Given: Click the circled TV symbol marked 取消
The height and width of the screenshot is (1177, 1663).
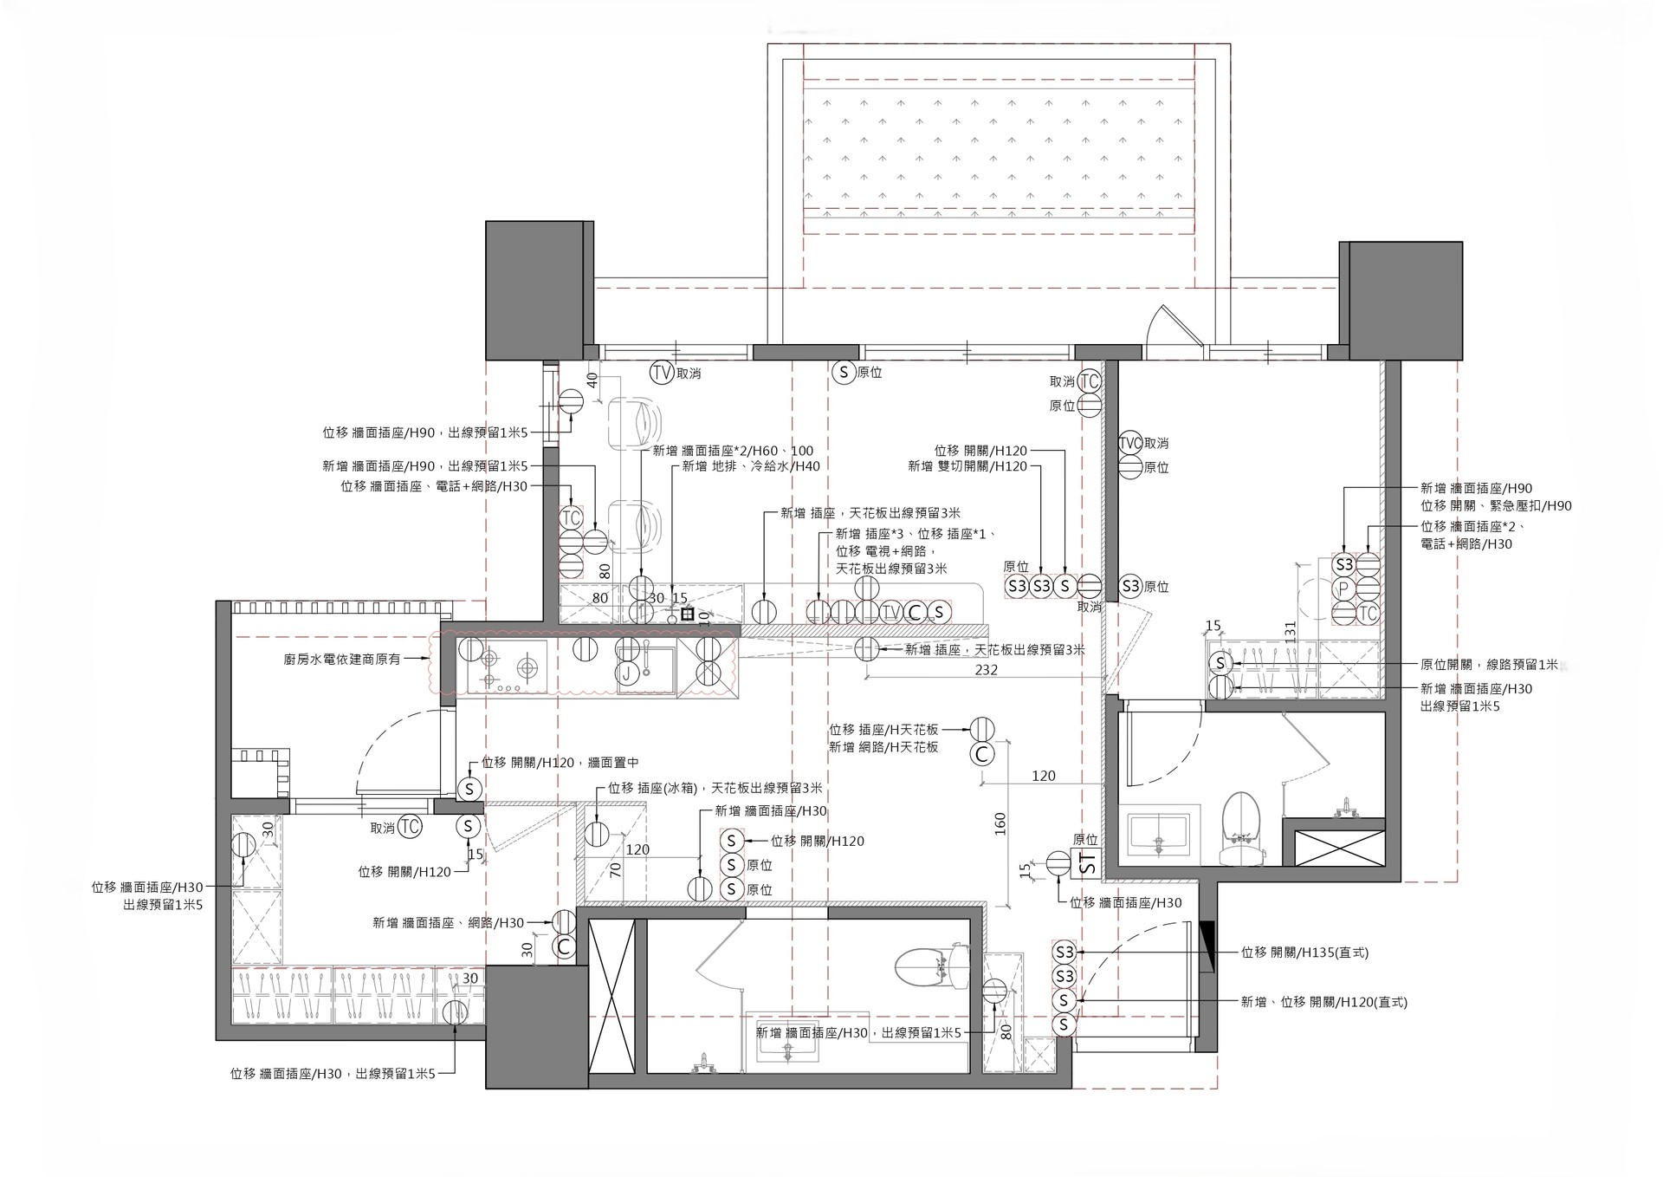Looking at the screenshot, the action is pos(662,374).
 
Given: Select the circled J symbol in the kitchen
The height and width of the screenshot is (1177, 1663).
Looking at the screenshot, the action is pos(627,674).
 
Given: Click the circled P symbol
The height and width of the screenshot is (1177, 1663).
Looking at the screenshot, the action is pos(1343,589).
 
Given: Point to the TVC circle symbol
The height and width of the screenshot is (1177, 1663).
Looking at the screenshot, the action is pos(1130,443).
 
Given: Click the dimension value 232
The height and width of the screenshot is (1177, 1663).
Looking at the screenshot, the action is pos(986,670).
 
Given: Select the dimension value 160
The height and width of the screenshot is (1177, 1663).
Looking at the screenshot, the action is pos(1000,823).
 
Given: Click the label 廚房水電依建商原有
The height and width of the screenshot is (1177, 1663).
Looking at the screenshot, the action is pos(342,659).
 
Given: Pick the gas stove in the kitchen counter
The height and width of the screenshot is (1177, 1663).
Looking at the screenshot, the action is pos(508,667).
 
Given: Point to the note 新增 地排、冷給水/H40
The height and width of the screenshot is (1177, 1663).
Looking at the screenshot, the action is pos(750,466).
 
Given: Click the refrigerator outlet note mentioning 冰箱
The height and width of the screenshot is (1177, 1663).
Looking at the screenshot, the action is pos(715,789).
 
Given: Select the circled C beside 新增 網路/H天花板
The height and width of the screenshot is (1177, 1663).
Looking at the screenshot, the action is pos(982,754).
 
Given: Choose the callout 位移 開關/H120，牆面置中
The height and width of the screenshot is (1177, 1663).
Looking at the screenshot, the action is pos(560,764).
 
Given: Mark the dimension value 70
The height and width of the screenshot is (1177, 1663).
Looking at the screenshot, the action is pos(616,870).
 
